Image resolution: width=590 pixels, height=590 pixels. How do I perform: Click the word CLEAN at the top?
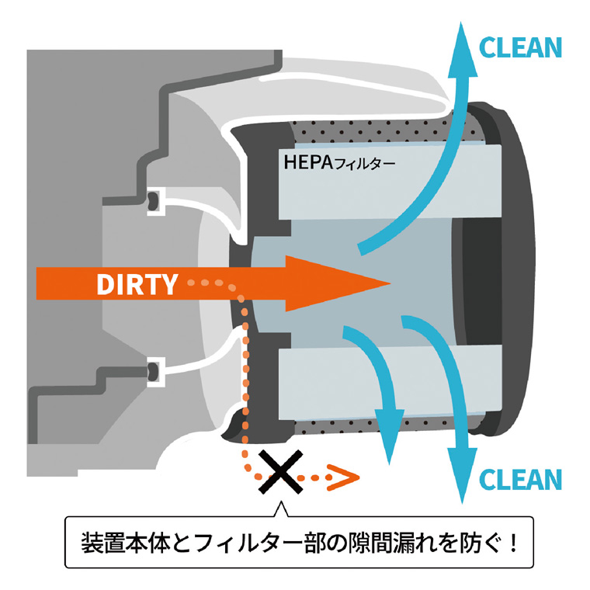520,47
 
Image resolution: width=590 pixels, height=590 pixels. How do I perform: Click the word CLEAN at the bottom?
520,480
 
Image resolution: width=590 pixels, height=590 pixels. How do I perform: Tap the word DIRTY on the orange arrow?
137,283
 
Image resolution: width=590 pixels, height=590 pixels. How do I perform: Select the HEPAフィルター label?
339,162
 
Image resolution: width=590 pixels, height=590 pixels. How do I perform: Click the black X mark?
281,472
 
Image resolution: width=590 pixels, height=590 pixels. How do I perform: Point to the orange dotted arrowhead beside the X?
343,477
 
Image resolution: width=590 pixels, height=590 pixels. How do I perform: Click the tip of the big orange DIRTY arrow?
390,283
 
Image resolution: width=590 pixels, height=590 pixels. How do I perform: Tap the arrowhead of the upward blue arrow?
462,49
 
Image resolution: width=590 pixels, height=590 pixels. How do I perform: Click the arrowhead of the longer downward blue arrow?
462,475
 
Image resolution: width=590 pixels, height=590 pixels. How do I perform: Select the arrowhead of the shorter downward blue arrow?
390,437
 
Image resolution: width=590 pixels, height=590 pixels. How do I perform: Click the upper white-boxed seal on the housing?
156,201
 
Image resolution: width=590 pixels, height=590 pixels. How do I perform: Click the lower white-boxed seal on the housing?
156,372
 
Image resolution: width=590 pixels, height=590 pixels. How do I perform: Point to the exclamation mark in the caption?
513,543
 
